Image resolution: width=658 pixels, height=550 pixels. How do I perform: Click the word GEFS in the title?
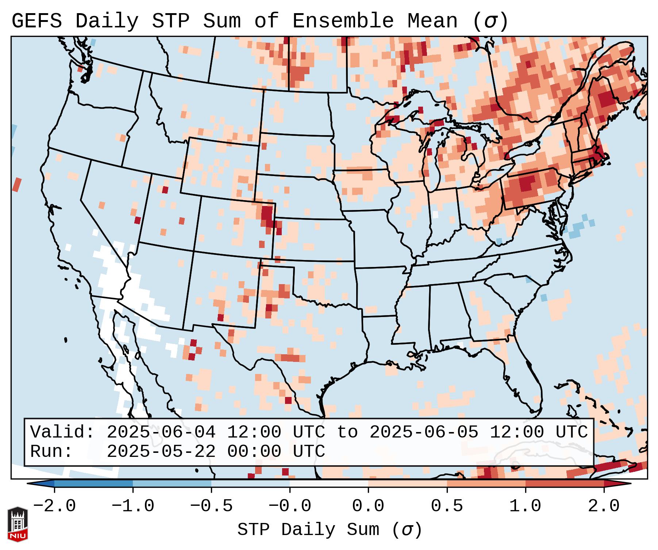(36, 21)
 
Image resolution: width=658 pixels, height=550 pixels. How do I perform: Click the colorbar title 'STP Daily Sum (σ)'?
(330, 530)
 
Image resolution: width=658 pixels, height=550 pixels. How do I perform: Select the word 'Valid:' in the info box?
(62, 432)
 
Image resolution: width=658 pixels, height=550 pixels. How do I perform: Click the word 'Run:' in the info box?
(51, 452)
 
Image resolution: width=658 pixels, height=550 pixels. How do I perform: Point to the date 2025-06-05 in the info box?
(424, 432)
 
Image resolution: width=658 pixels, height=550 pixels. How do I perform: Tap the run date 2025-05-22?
(161, 452)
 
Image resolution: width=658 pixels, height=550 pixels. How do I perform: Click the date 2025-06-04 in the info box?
(161, 432)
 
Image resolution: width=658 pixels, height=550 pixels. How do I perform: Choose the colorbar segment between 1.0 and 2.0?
(565, 484)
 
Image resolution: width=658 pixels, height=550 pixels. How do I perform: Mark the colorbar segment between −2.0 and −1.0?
(93, 484)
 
